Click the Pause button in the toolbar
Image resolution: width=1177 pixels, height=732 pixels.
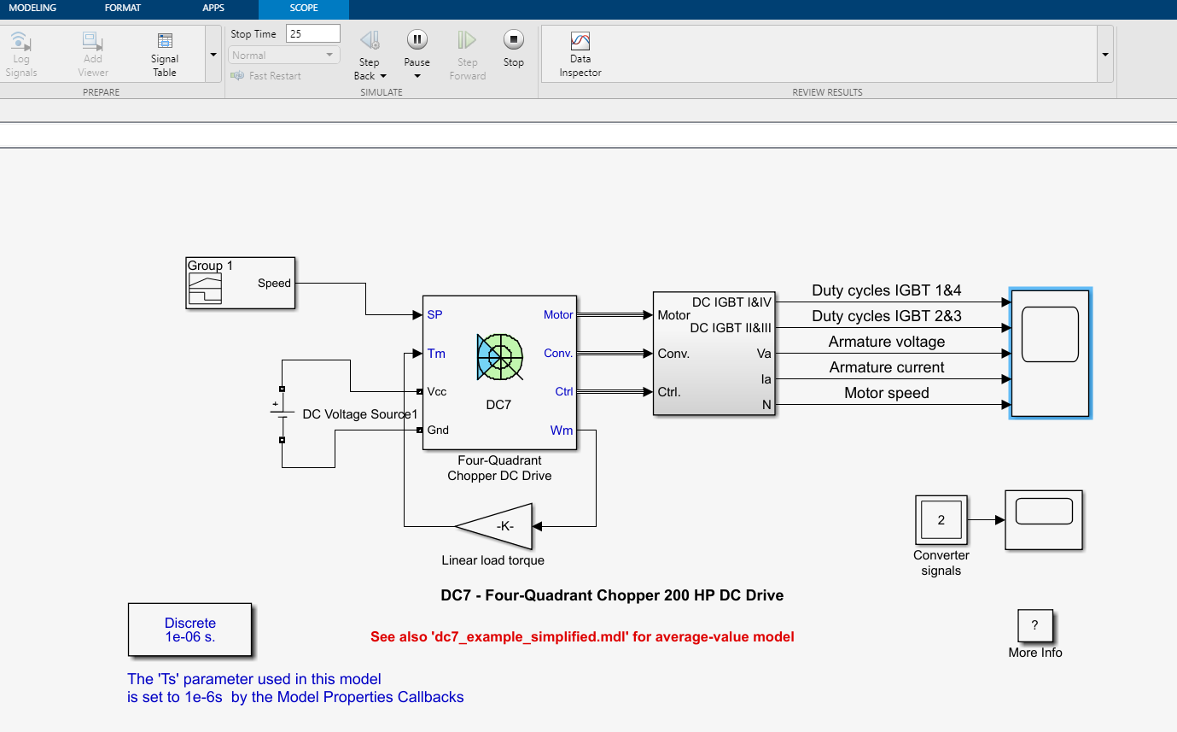point(417,39)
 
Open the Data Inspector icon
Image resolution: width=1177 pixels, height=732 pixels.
point(580,42)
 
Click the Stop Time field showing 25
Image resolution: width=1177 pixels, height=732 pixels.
point(313,34)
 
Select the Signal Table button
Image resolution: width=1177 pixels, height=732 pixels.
point(165,41)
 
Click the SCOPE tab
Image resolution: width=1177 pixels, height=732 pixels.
point(303,9)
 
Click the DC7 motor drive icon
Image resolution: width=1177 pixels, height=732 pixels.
point(499,356)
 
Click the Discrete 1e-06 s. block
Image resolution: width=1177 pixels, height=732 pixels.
point(190,630)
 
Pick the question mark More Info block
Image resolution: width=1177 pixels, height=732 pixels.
point(1034,626)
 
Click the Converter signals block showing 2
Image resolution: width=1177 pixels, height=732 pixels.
point(941,519)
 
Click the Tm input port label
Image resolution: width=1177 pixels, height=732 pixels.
point(436,354)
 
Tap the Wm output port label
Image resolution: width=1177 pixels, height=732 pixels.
point(561,430)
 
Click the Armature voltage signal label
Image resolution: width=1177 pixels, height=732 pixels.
point(887,342)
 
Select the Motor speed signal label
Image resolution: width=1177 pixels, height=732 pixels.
point(886,393)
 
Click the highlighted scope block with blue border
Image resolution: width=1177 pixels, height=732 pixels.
point(1050,353)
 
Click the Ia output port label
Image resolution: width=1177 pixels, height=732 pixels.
point(766,378)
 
